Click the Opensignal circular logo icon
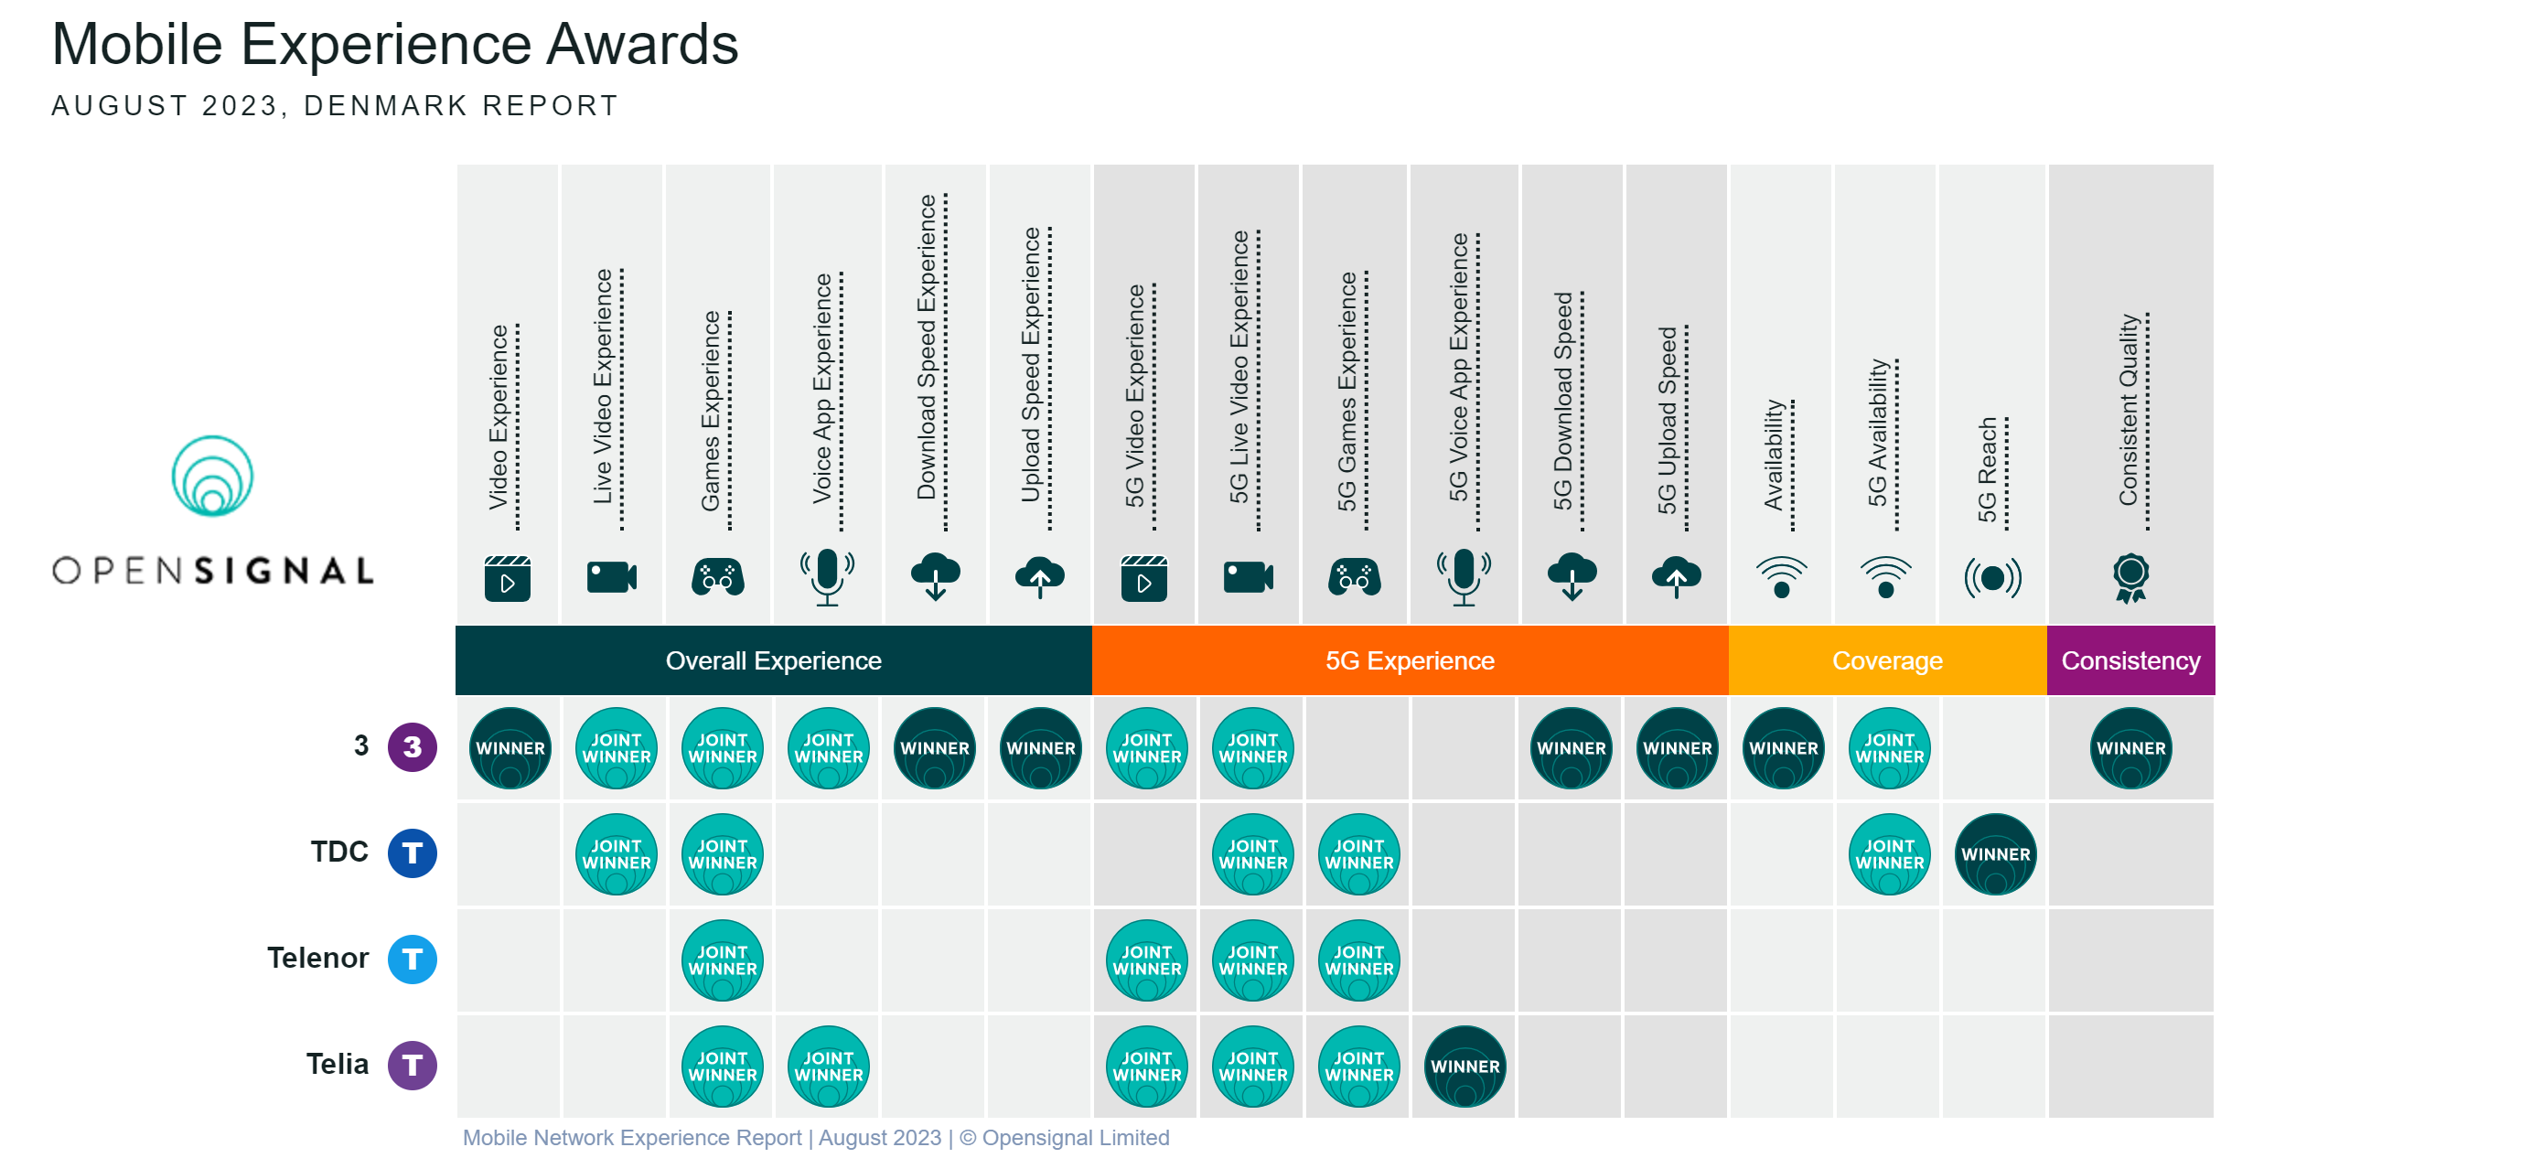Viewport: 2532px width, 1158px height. point(212,476)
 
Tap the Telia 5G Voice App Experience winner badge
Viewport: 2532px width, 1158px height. point(1464,1066)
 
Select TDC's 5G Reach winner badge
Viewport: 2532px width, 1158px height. point(1994,853)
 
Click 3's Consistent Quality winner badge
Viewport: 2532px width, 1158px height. point(2130,747)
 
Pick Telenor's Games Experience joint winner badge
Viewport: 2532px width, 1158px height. point(723,960)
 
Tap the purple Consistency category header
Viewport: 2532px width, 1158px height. point(2130,660)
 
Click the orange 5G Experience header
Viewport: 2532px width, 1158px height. point(1410,660)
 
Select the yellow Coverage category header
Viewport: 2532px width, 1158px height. point(1886,660)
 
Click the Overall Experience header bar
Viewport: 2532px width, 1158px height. point(773,660)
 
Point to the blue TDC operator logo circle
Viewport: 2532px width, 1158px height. point(412,852)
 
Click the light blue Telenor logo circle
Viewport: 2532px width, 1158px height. point(412,959)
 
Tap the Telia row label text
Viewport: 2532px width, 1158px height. point(338,1064)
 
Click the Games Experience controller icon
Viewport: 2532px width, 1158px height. point(717,577)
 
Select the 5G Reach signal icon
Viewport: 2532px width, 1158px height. point(1992,577)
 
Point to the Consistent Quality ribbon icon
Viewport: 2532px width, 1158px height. point(2130,577)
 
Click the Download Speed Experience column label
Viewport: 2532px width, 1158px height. point(926,347)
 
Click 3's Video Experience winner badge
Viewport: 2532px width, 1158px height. point(510,747)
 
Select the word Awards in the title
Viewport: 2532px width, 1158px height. point(642,44)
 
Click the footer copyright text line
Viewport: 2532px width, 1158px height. point(816,1137)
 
